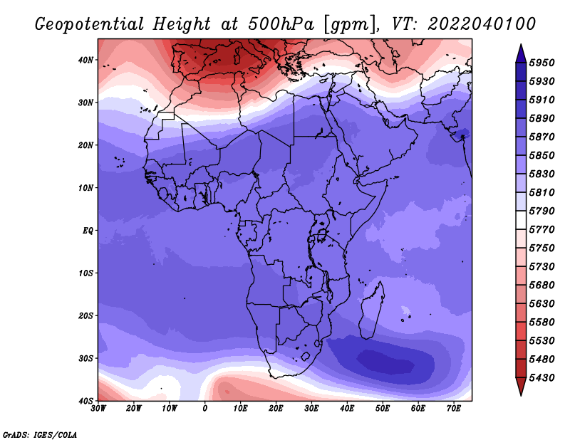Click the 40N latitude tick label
click(x=85, y=60)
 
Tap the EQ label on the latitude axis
click(x=88, y=231)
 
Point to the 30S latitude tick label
click(x=85, y=359)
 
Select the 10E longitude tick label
click(x=240, y=409)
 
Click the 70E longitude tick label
click(x=454, y=409)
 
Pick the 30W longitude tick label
click(x=98, y=409)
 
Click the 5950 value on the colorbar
click(x=541, y=63)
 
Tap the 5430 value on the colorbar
click(x=541, y=378)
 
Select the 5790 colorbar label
click(x=541, y=211)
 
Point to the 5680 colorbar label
click(x=541, y=286)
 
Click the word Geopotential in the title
click(x=90, y=25)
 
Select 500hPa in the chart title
click(x=281, y=24)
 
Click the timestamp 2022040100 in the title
click(x=482, y=24)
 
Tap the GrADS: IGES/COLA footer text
click(x=40, y=435)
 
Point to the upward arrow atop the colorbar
click(x=521, y=53)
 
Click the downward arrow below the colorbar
click(x=521, y=387)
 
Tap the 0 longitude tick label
click(x=205, y=409)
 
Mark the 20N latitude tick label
click(x=85, y=145)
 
